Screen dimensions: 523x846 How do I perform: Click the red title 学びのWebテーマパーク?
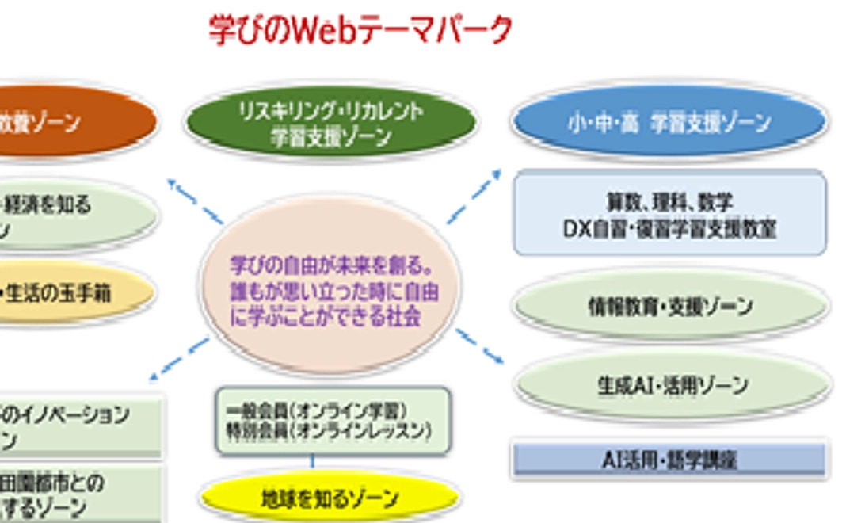(360, 30)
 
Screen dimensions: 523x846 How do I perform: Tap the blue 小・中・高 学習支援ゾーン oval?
(669, 123)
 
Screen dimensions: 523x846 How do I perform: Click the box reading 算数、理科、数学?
(669, 215)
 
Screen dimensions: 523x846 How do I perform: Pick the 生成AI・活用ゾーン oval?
(673, 385)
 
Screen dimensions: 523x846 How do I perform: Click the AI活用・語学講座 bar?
(669, 459)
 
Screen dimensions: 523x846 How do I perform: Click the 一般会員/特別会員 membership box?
(333, 421)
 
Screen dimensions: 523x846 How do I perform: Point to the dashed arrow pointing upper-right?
(474, 197)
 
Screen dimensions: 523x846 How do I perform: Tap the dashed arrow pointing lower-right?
(479, 346)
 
